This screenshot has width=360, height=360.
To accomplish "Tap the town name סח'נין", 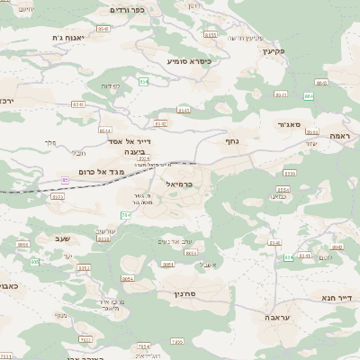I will point(171,293).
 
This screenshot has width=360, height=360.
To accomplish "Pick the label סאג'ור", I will point(289,125).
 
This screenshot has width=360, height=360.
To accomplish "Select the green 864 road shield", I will point(309,95).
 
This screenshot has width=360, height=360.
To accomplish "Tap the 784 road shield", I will point(124,214).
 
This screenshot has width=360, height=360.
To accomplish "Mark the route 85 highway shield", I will point(64,180).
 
